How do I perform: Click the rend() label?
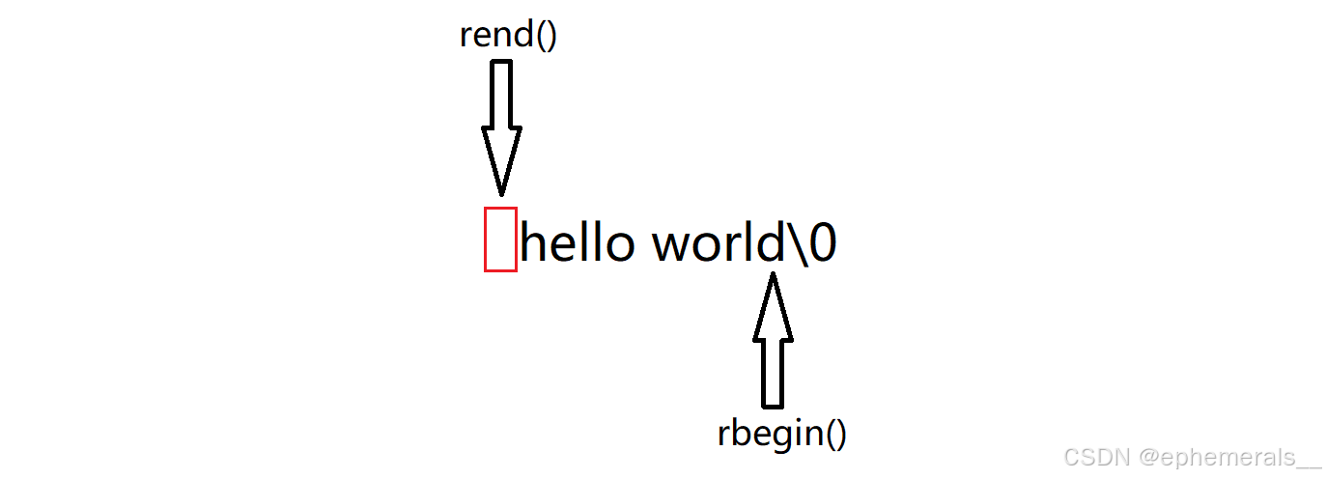point(508,36)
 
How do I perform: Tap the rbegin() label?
point(781,433)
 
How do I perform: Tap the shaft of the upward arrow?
point(773,373)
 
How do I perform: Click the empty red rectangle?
point(500,239)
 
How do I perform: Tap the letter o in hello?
point(617,247)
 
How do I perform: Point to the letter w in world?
point(676,247)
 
